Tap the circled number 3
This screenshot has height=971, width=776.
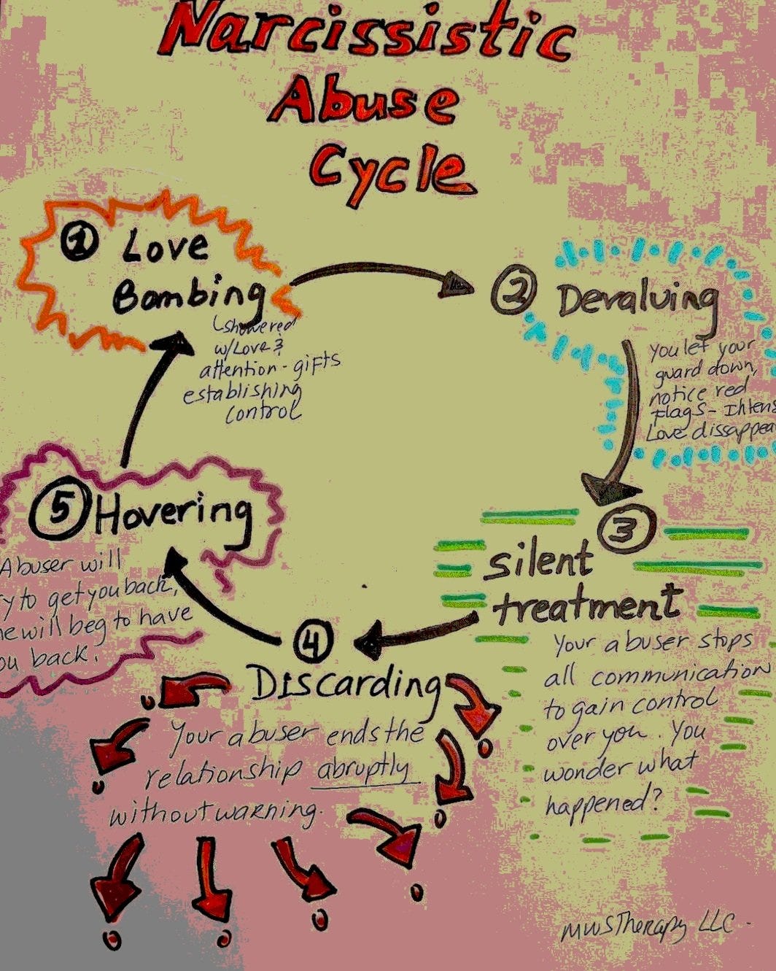tap(626, 528)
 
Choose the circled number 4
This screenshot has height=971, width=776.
tap(314, 642)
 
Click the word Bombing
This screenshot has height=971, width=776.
tap(187, 296)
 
